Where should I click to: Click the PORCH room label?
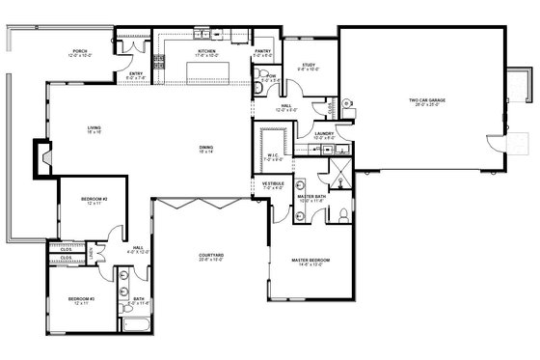pos(80,52)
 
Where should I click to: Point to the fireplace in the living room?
pos(42,156)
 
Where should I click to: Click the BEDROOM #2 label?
pos(94,200)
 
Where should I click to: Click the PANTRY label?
pos(262,52)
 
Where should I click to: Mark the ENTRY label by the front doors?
pos(137,74)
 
